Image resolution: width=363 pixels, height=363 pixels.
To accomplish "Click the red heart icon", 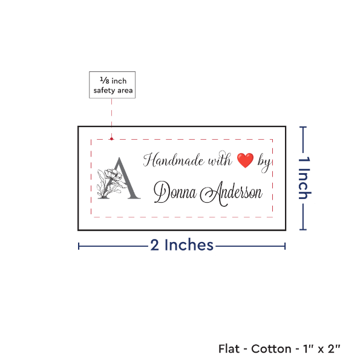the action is [245, 160].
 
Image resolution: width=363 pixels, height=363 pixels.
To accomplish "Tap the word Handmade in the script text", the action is [174, 160].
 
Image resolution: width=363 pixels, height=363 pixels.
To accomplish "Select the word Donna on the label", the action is [175, 192].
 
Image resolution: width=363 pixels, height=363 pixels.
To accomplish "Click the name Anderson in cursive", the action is [231, 194].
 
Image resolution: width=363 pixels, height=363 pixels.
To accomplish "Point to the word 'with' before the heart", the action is [220, 159].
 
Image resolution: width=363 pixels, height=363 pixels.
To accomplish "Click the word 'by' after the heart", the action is [264, 163].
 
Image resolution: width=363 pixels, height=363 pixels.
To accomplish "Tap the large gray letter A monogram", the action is [125, 178].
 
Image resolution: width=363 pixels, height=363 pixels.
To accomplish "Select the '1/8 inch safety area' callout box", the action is [113, 85].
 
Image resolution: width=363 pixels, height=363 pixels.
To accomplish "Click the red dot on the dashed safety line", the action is [111, 139].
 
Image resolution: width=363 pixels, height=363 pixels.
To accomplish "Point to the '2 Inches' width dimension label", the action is [181, 245].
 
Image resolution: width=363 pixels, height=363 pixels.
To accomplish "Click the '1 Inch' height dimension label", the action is [304, 178].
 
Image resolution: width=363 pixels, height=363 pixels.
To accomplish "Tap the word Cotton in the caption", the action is [271, 348].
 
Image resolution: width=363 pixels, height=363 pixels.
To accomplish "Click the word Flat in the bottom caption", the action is [229, 348].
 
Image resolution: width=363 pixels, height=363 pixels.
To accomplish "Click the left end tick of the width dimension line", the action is [79, 246].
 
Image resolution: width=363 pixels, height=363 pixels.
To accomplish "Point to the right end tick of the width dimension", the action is [285, 246].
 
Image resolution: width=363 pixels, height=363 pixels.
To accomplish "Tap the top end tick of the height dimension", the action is [303, 127].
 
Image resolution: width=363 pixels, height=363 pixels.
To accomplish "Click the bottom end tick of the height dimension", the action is [303, 229].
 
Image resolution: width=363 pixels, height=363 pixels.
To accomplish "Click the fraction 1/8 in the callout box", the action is [105, 80].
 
